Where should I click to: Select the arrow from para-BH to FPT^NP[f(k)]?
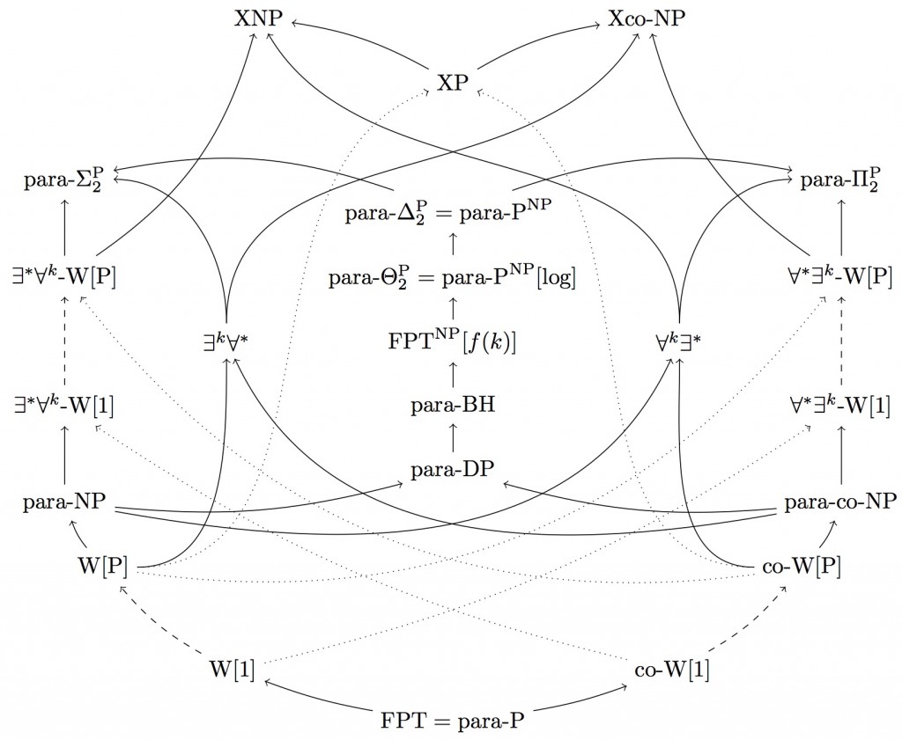[x=452, y=374]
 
